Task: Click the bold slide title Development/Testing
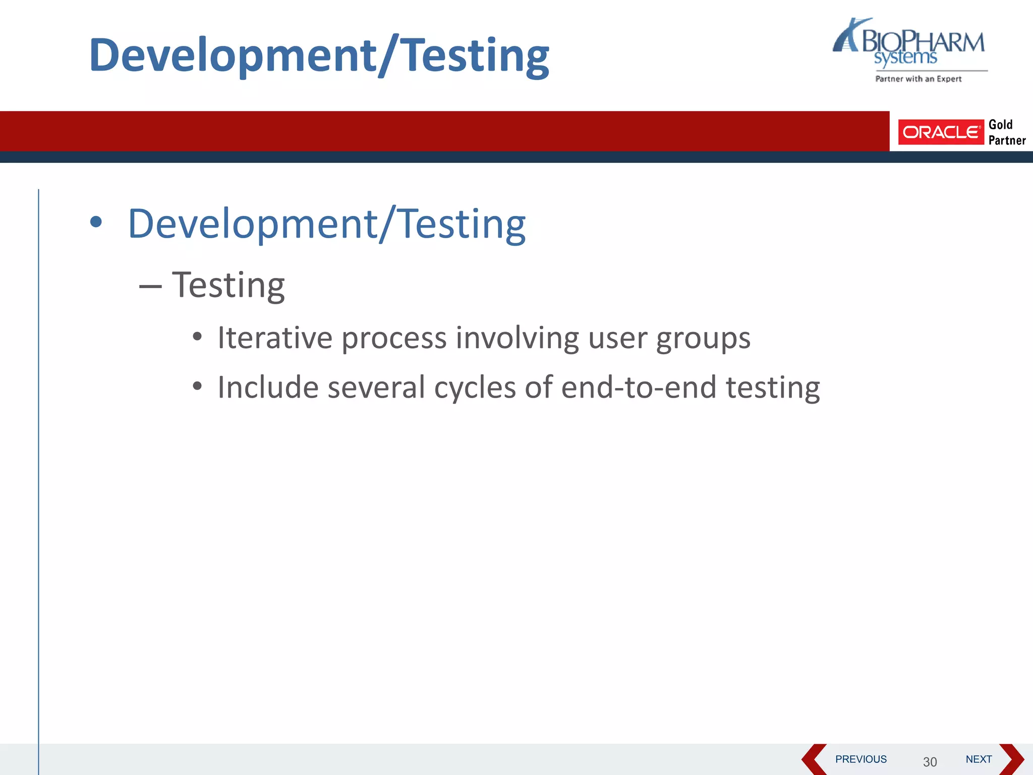click(319, 56)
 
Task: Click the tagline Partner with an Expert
click(918, 79)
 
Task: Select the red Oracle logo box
click(940, 132)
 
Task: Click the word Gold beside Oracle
click(1000, 125)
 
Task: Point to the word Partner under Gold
click(1007, 140)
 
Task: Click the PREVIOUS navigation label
click(860, 759)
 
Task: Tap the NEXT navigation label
click(978, 759)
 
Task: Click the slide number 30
click(930, 761)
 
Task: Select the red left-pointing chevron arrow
click(813, 759)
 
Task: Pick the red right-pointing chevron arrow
click(1012, 759)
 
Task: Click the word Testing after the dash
click(228, 286)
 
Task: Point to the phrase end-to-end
click(639, 387)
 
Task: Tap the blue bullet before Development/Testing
click(95, 222)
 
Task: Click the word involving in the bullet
click(517, 339)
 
